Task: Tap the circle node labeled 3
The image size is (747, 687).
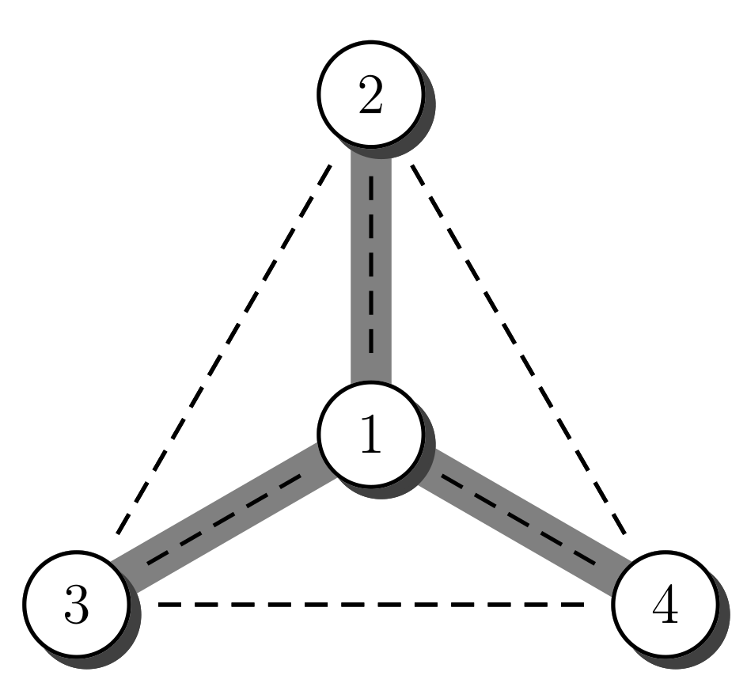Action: tap(76, 605)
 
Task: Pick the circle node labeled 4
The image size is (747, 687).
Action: tap(665, 605)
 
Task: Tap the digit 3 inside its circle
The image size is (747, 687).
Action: tap(76, 608)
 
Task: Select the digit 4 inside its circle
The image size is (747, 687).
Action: tap(665, 608)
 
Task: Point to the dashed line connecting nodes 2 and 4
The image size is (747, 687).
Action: tap(518, 348)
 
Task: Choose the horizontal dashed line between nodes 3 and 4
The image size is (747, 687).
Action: tap(372, 605)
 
